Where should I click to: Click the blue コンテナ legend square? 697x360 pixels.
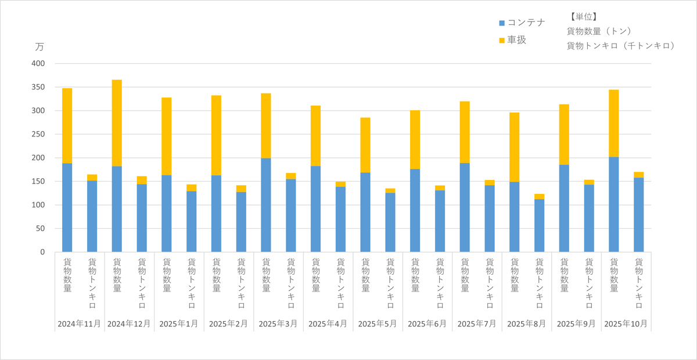(502, 23)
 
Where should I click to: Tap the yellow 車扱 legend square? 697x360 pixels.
(502, 41)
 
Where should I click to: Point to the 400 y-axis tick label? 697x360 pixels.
(46, 63)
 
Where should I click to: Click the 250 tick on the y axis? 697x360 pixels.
(46, 134)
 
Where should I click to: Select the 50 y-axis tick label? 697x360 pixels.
(48, 228)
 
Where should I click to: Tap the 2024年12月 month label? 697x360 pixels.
(129, 323)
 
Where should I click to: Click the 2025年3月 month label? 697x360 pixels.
(278, 323)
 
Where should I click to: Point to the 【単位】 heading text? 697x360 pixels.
(583, 17)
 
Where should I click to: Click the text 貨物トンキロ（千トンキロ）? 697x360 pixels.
(621, 45)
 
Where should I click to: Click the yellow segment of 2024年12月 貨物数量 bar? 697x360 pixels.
(117, 123)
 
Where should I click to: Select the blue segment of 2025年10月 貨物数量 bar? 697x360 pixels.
(613, 204)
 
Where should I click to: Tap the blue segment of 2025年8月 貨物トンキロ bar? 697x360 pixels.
(539, 225)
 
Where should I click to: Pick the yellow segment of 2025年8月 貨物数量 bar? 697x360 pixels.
(514, 147)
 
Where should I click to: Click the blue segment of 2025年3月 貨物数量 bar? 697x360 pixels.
(266, 205)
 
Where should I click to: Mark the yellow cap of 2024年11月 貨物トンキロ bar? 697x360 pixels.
(92, 178)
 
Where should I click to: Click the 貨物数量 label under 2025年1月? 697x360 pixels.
(167, 275)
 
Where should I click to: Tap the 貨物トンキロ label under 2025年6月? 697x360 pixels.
(440, 283)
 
